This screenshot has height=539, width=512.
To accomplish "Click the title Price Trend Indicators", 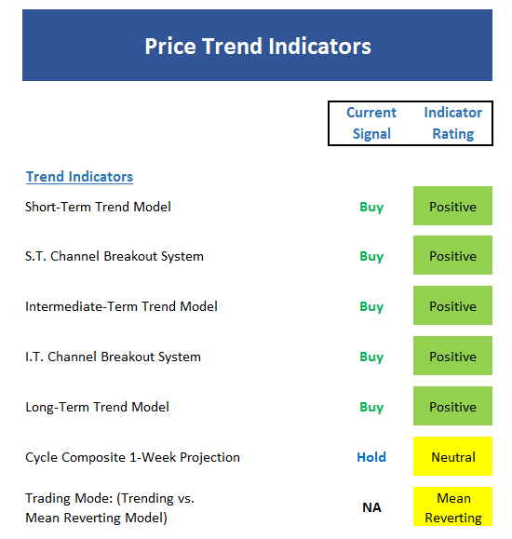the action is click(258, 46).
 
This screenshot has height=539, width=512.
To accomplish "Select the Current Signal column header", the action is click(371, 123).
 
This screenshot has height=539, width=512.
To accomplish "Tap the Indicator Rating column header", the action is click(452, 123).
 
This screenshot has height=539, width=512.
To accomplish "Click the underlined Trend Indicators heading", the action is click(79, 177).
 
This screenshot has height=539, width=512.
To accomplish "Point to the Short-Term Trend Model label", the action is click(98, 207).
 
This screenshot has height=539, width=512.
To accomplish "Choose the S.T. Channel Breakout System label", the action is click(115, 256).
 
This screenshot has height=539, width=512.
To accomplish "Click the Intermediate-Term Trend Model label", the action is click(121, 306).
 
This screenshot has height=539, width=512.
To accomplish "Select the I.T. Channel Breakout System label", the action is click(114, 357).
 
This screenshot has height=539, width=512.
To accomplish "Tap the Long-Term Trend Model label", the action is click(98, 407).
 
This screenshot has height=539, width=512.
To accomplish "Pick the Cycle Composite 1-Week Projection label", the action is click(132, 457).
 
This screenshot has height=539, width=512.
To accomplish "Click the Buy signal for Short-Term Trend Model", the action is click(371, 208).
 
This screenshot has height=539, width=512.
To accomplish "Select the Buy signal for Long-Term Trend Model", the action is click(371, 408).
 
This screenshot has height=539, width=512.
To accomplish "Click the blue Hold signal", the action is click(371, 457).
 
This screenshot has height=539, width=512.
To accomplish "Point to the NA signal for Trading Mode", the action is click(371, 507).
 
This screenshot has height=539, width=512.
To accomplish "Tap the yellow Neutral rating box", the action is click(452, 456).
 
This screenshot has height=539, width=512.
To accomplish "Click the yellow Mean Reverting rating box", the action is click(452, 506).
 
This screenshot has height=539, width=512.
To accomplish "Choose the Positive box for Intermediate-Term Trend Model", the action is click(452, 305).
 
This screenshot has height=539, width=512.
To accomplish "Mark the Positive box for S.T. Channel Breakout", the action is click(452, 255).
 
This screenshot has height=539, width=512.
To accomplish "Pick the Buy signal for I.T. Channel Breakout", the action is click(371, 357).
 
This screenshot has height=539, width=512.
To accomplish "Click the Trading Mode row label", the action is click(110, 507).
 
